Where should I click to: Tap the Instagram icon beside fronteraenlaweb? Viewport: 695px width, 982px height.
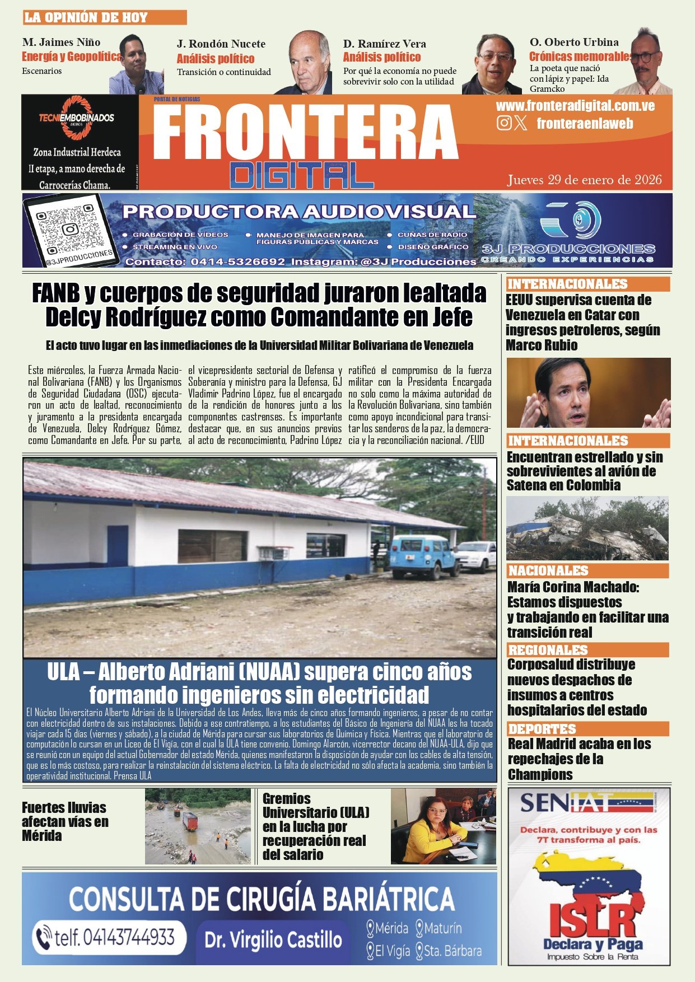click(504, 123)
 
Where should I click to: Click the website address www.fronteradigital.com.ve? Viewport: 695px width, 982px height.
click(575, 106)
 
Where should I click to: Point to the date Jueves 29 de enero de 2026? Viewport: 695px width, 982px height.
click(584, 180)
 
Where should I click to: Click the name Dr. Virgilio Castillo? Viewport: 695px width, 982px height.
click(273, 939)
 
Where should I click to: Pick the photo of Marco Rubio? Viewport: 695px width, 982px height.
click(588, 393)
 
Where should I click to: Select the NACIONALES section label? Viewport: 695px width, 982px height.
click(548, 571)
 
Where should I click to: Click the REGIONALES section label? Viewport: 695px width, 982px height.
click(547, 650)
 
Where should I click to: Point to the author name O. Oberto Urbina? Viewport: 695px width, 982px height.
click(574, 42)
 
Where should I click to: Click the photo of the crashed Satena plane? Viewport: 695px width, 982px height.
click(587, 529)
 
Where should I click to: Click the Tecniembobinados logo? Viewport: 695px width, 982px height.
click(77, 118)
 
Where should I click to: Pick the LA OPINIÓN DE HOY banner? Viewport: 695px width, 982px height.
click(104, 17)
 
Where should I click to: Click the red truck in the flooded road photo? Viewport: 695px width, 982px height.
click(190, 821)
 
